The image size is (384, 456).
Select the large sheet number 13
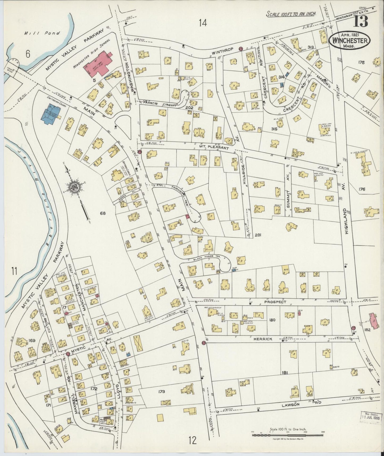coord(361,21)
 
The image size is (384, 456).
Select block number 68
coord(103,213)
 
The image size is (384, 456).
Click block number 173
coord(161,392)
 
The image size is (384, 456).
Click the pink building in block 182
coord(374,321)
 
